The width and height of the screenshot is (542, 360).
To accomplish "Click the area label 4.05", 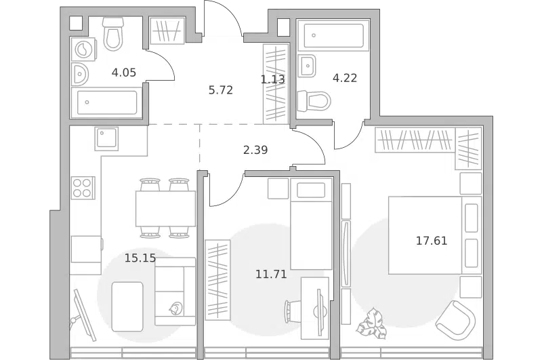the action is coord(124,73).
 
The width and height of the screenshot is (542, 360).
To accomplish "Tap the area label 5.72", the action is coord(221,90).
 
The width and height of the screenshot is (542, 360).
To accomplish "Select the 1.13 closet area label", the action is coord(273,79).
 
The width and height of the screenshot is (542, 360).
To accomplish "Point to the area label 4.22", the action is coord(345,78).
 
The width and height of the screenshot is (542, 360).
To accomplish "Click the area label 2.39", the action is coord(255,150).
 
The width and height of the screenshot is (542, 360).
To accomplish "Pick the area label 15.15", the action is coord(140,258).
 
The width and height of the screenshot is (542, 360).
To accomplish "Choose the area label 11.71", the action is coord(272,274).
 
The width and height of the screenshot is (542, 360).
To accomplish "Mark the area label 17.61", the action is coord(432,241).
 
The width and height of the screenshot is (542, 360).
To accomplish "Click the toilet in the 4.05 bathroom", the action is coord(113,35).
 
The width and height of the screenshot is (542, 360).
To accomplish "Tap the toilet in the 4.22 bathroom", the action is coord(314,101).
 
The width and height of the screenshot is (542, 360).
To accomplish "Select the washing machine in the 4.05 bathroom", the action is coord(83,49).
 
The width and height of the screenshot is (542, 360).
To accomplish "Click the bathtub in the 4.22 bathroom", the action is coord(333,35).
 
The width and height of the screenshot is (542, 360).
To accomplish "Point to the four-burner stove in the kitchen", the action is coord(83,188).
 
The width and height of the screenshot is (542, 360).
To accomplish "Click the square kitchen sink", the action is coord(106,139).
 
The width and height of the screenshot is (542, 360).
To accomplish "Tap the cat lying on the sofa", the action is coord(175,308).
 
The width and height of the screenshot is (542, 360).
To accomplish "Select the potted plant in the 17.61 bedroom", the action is coord(371,323).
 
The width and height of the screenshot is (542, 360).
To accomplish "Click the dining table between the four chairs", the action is coord(165,209).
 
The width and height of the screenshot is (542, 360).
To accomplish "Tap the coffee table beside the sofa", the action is coord(127,306).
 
